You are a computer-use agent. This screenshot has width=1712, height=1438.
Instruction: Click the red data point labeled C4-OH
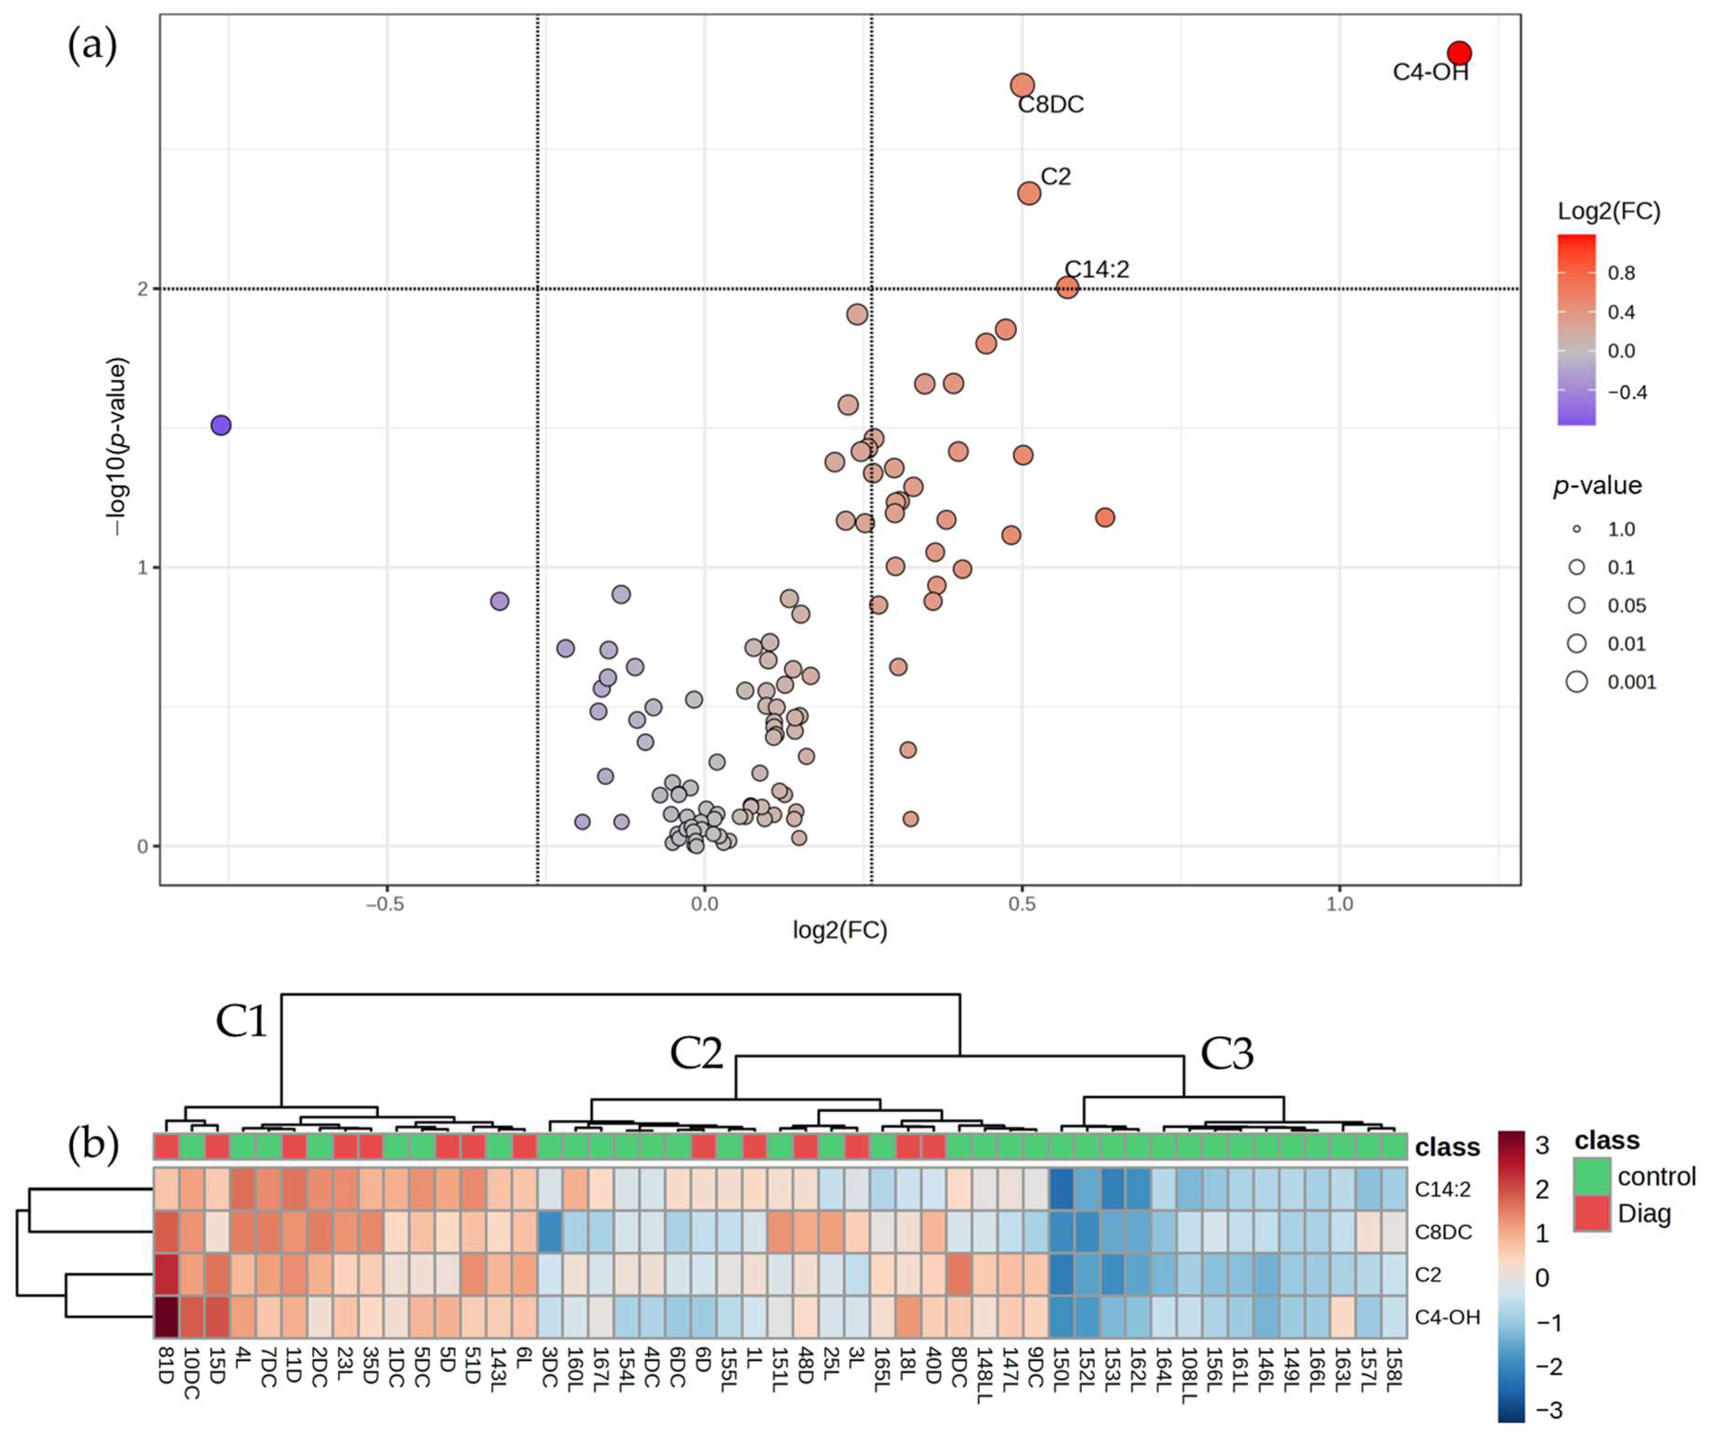[1459, 53]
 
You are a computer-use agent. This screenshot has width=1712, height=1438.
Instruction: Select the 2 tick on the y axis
[143, 289]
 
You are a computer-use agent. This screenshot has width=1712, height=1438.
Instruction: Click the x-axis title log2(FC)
[839, 930]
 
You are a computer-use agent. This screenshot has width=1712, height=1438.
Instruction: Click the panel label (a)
[92, 46]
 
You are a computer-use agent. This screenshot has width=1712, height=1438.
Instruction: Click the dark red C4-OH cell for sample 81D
[167, 1316]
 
